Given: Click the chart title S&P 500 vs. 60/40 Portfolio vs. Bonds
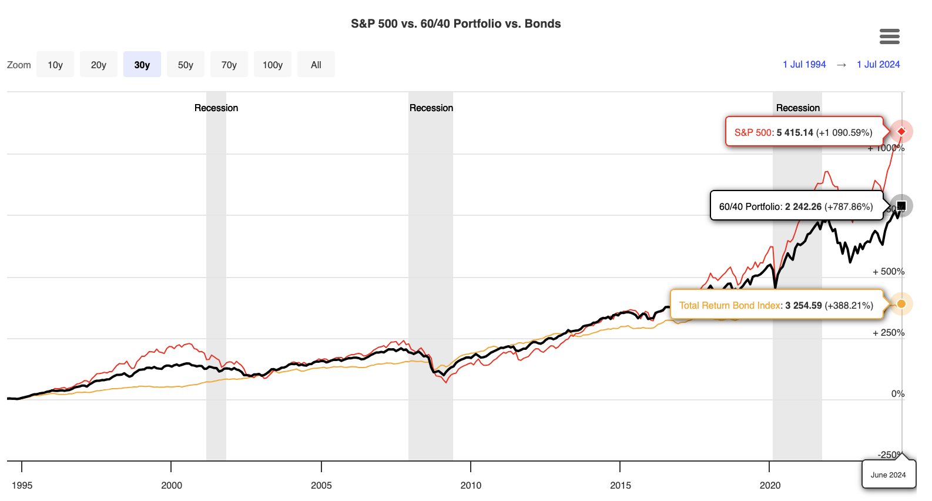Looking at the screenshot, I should (455, 24).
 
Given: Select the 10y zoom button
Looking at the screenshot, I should (55, 65).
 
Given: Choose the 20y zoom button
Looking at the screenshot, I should (99, 65).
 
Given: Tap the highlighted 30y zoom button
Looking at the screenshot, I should (142, 65).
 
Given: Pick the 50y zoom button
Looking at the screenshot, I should (186, 65).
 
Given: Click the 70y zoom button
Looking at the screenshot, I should (229, 65).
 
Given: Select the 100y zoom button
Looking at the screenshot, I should (273, 65).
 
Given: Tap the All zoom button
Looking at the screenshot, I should (316, 65).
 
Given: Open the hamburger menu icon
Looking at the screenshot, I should (889, 36).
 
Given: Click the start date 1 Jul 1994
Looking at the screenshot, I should (804, 65).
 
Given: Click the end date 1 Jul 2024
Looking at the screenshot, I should (878, 65).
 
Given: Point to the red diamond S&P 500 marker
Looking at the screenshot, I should (901, 131).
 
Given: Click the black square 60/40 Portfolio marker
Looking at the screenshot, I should (901, 206).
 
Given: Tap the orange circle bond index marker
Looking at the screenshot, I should (901, 304).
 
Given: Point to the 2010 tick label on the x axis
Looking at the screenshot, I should (471, 485).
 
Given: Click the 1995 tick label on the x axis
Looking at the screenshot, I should (22, 485).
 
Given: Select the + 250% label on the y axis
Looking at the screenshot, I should (889, 333).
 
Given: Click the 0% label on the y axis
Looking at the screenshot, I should (897, 394).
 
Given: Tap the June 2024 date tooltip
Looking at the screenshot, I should (888, 475).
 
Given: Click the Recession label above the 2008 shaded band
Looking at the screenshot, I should (431, 108).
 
